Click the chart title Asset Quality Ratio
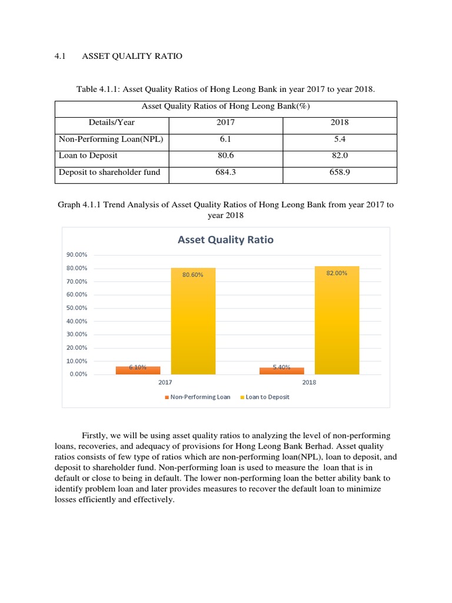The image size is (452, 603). point(225,240)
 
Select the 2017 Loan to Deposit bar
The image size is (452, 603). point(193,321)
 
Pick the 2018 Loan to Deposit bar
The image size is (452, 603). point(337,321)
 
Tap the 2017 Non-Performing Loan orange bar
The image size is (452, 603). point(138,370)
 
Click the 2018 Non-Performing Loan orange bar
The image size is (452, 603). point(281,371)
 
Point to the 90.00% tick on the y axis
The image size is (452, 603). point(77,255)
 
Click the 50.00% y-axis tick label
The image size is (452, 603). point(77,308)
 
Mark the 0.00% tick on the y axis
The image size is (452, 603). point(78,374)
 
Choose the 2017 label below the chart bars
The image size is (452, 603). point(165,382)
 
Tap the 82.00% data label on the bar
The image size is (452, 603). point(337,273)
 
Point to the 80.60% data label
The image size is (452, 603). point(193,274)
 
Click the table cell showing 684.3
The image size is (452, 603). point(225,173)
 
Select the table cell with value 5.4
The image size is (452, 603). point(340,139)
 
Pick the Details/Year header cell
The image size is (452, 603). point(112,122)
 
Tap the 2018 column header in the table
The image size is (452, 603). point(340,122)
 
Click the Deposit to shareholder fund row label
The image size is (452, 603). point(109,173)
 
